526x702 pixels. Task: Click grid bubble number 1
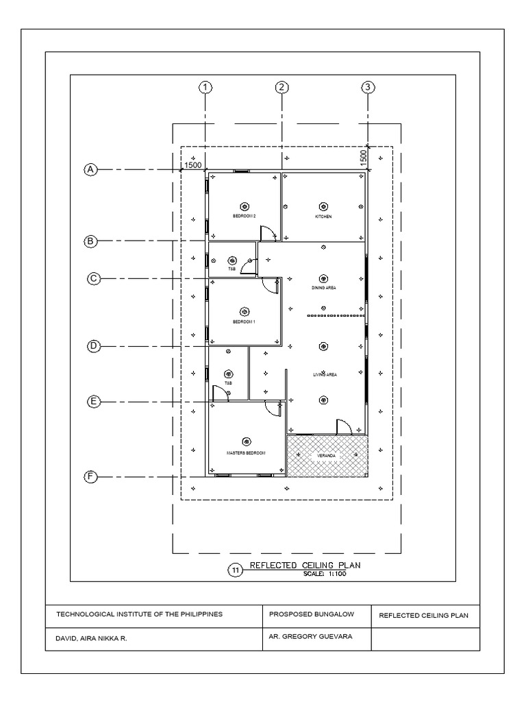tap(204, 87)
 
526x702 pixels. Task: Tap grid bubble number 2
tap(281, 87)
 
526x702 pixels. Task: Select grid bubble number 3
tap(368, 87)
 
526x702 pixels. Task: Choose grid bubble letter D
tap(94, 346)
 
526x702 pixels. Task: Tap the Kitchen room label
tap(323, 217)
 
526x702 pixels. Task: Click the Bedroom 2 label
tap(244, 217)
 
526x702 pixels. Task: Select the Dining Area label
tap(323, 288)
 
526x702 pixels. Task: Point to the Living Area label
tap(325, 375)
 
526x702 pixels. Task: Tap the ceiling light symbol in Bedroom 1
tap(244, 310)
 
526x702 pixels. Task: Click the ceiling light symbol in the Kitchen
tap(323, 206)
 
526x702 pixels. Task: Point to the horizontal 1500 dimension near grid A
tap(192, 165)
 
